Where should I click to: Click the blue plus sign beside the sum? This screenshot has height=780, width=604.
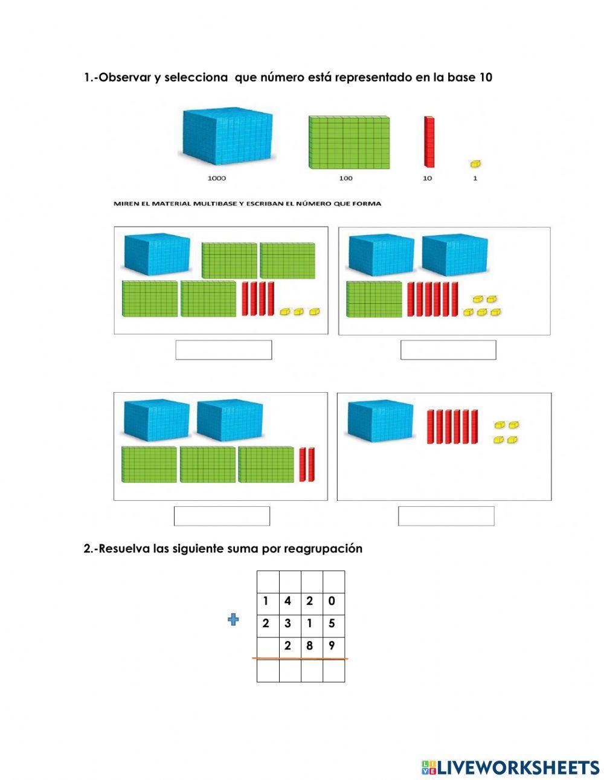(233, 619)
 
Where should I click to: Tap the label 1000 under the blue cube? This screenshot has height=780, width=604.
(216, 178)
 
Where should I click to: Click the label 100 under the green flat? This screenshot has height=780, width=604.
(345, 178)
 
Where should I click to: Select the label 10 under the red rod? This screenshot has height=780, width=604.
(427, 178)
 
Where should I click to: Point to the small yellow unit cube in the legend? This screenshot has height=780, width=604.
(475, 164)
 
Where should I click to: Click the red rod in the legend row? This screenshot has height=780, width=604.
(429, 141)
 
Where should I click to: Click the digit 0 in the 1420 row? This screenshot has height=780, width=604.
(332, 601)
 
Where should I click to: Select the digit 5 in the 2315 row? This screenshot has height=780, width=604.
(332, 624)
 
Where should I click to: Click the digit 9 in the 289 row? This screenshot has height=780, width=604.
(332, 646)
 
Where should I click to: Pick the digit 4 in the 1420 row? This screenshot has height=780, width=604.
(288, 601)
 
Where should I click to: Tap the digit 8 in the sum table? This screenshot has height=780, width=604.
(309, 646)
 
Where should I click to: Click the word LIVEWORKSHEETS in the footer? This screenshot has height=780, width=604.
(518, 767)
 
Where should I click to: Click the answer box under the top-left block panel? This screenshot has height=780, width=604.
(223, 350)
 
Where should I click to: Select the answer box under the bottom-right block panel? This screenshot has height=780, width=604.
(446, 516)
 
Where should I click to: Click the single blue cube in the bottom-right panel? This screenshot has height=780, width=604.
(380, 419)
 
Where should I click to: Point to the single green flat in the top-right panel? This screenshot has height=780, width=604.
(374, 300)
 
